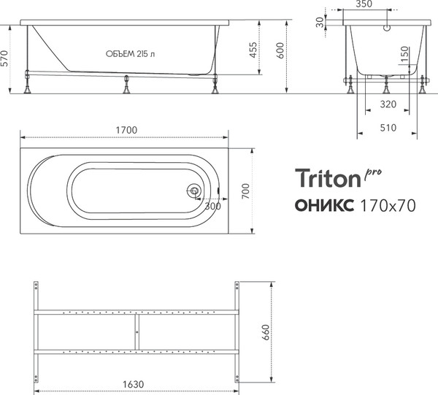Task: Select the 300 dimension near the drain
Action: click(x=212, y=206)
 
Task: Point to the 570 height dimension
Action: click(x=7, y=58)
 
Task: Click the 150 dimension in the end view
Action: click(x=404, y=56)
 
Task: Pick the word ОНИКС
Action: click(x=325, y=205)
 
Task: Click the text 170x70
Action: click(x=388, y=205)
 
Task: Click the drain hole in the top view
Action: click(x=194, y=191)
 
